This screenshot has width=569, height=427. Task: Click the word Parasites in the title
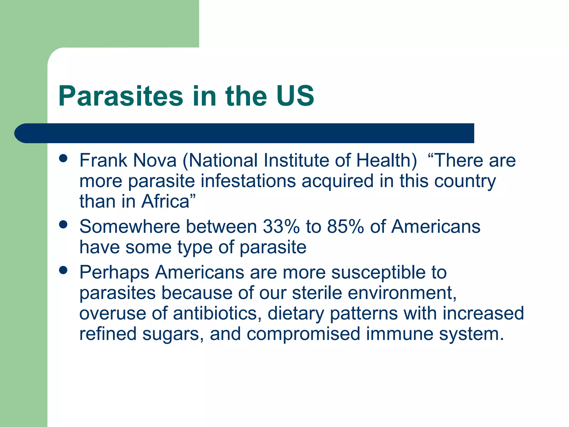tap(121, 96)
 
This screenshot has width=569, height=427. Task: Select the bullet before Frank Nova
tap(63, 158)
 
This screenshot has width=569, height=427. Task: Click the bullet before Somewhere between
tap(63, 224)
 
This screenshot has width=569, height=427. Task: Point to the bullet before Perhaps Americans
tap(63, 270)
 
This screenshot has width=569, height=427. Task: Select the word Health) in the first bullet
tap(386, 160)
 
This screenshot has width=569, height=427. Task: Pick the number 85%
tap(345, 227)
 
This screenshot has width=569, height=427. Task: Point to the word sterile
tap(317, 293)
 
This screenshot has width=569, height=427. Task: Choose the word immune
tap(400, 334)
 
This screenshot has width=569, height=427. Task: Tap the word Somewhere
tap(130, 227)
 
